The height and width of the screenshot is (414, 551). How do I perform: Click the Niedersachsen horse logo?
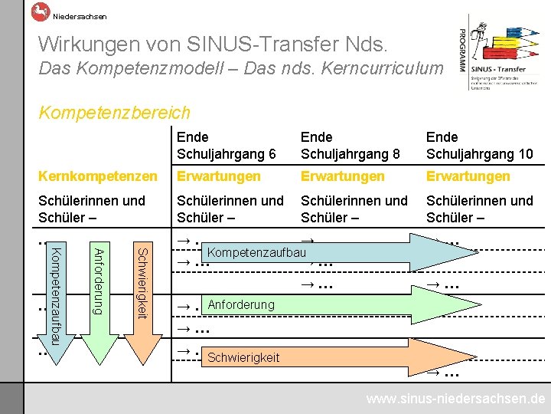(40, 11)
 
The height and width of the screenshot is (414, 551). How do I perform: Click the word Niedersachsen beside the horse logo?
(80, 16)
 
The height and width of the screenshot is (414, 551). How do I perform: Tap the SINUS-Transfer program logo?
(501, 52)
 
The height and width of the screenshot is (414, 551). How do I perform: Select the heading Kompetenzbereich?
(114, 113)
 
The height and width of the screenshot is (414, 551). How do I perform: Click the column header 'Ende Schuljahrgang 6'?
(226, 145)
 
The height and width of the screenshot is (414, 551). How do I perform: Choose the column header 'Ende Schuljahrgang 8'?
(350, 145)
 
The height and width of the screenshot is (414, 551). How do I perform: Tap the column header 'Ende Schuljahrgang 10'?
(479, 145)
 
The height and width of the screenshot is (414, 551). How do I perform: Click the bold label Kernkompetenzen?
(96, 176)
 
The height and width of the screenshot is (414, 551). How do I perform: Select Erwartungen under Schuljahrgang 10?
(468, 176)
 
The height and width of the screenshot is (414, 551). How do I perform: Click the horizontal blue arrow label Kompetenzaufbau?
(256, 252)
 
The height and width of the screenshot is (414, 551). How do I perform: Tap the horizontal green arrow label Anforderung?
(240, 305)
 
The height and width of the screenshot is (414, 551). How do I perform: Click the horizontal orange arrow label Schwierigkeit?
(243, 357)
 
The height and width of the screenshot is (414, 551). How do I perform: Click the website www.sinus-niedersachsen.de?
(455, 399)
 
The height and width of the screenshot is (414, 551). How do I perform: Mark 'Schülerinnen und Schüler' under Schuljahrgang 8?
(354, 209)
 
